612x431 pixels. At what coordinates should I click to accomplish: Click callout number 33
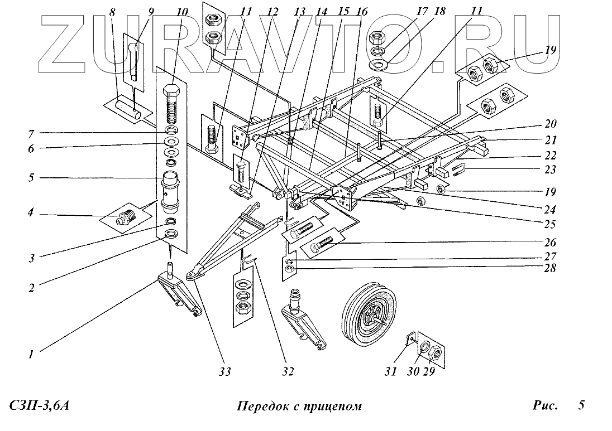pos(225,372)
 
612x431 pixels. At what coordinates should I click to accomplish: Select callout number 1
pos(31,354)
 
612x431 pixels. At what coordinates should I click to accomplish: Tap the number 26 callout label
pos(550,243)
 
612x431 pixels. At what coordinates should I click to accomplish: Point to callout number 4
pos(31,213)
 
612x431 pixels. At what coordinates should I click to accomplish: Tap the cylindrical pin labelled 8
pos(128,108)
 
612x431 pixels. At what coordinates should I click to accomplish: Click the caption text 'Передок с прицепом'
pos(299,406)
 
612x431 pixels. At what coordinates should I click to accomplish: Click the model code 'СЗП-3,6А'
pos(39,406)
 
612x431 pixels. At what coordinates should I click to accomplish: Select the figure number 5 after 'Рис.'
pos(581,405)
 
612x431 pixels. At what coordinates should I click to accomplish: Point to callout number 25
pos(549,224)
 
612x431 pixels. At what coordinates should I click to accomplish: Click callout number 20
pos(550,124)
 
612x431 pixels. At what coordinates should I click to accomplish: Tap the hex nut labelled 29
pos(435,354)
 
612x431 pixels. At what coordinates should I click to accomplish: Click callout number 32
pos(288,372)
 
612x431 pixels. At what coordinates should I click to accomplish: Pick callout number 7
pos(31,134)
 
